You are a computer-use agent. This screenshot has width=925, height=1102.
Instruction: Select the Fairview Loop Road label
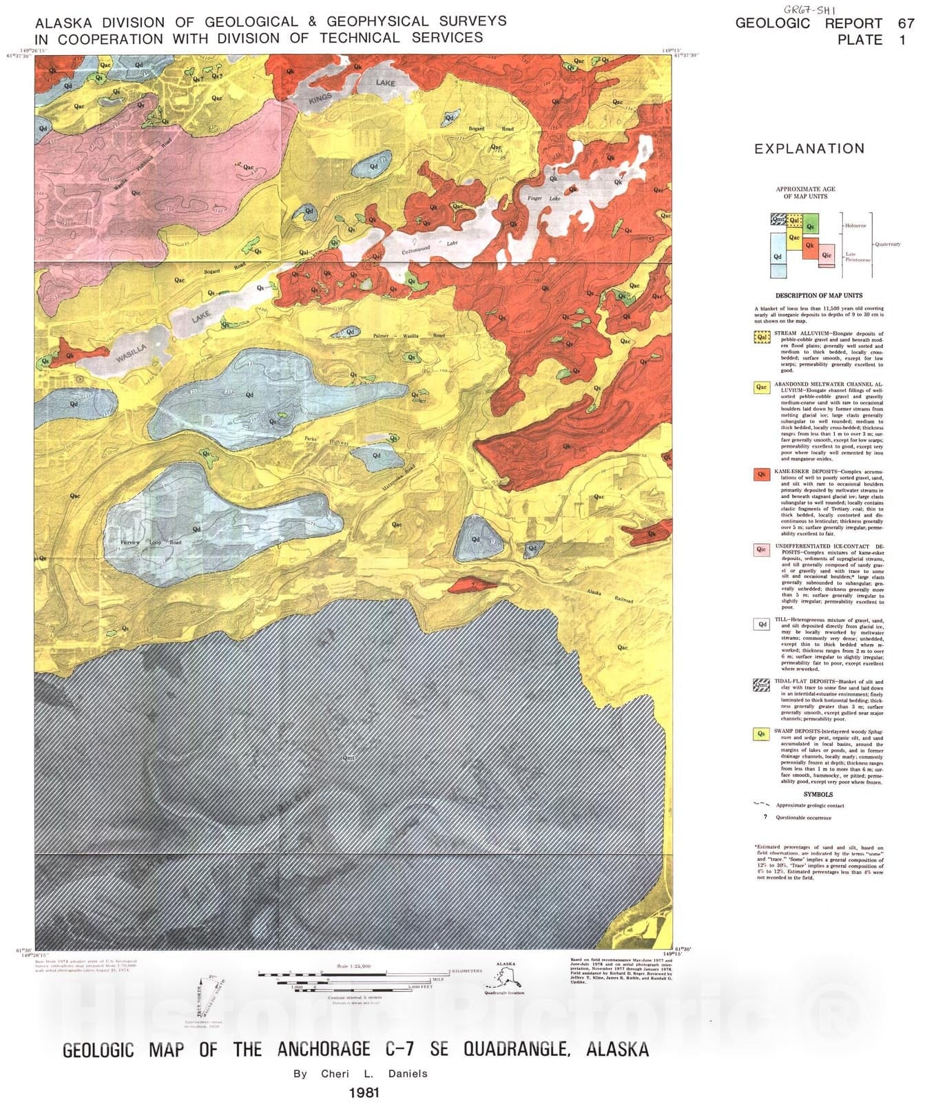click(151, 543)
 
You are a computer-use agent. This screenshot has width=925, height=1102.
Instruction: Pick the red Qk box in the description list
click(762, 475)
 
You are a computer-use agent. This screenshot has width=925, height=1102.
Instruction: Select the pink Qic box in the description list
click(762, 550)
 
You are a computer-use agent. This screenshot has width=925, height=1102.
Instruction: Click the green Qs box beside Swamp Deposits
click(762, 734)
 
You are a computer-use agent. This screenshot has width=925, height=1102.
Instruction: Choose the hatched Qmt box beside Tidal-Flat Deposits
click(762, 685)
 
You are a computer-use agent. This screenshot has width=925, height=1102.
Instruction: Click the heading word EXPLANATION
click(809, 149)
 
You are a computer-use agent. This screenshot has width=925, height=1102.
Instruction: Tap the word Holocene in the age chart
click(857, 225)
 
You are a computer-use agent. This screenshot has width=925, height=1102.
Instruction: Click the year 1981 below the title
click(364, 1092)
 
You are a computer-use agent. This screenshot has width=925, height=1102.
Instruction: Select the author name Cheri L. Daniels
click(360, 1074)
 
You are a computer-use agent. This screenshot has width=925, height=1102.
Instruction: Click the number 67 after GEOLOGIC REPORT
click(906, 23)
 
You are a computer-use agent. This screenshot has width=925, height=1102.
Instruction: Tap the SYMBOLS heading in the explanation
click(818, 794)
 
